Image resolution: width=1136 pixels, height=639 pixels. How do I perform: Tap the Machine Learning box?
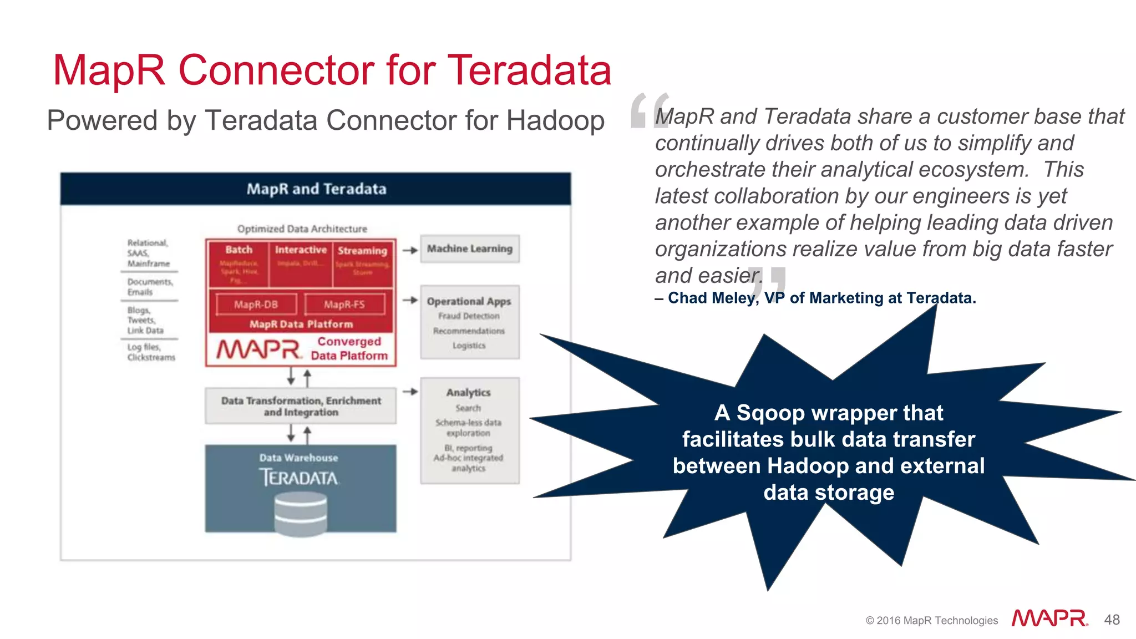(470, 249)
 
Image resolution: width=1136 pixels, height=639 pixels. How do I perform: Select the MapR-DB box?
(256, 305)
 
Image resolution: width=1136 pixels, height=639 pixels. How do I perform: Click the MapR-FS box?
(344, 305)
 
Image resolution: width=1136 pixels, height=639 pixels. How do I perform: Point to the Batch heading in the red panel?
(239, 250)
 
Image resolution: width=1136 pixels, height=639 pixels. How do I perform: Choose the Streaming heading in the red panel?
(362, 251)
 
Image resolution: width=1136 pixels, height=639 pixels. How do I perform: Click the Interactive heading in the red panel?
(301, 250)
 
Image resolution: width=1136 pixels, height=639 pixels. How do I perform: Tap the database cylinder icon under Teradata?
(301, 515)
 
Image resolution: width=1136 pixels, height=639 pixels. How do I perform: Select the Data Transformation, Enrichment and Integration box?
(301, 406)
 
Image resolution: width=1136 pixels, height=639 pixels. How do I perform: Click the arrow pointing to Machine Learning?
(410, 250)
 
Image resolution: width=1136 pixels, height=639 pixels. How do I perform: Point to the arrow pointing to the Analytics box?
(410, 392)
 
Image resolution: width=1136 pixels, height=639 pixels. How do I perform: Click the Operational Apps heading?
(469, 301)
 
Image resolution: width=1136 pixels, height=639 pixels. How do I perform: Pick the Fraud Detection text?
(469, 316)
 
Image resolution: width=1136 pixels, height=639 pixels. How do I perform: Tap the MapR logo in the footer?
(1049, 618)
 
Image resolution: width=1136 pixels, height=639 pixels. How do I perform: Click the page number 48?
(1112, 620)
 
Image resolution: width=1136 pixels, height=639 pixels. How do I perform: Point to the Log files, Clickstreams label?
(151, 352)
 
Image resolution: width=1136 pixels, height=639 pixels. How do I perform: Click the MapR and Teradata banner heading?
(316, 189)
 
